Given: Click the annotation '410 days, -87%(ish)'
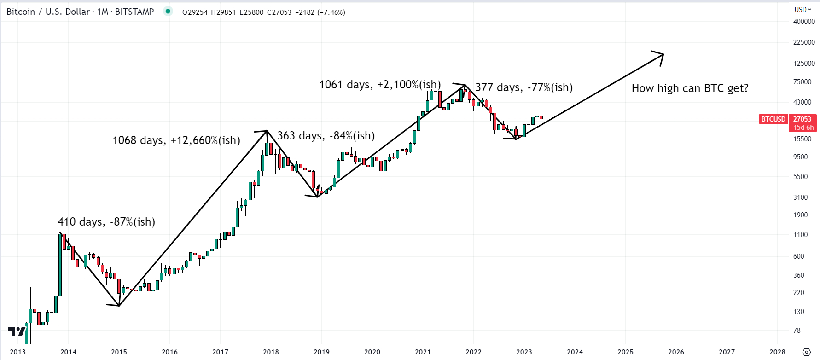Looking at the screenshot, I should coord(106,222).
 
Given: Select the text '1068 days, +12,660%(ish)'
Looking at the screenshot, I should coord(176,140).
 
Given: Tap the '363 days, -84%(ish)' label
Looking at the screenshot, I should coord(326,136).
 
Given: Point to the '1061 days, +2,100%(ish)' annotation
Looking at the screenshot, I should coord(380,85).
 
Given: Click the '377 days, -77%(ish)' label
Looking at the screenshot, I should coord(524,87).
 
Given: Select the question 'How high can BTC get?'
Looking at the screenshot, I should coord(690,88).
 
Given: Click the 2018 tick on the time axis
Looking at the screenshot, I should coord(271,352).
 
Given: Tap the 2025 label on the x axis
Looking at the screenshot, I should coord(625,352).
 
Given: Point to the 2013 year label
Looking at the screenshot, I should coord(17,352).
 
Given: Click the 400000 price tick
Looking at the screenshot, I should coord(803,22).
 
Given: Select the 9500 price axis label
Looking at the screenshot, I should coord(800,157).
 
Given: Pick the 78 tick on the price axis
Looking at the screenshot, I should coord(797,331).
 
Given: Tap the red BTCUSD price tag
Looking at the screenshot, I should coord(773,119).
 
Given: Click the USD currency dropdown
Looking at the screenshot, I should coord(803,9).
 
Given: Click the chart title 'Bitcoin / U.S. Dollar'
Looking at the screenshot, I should coord(48,12).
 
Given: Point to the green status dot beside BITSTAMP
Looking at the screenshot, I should coord(168,12).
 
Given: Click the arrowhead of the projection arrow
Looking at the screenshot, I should coord(661,55).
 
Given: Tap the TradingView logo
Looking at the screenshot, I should coord(17,331).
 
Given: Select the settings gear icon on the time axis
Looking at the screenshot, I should coord(806,352).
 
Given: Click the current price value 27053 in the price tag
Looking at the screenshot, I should coord(803,119).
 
